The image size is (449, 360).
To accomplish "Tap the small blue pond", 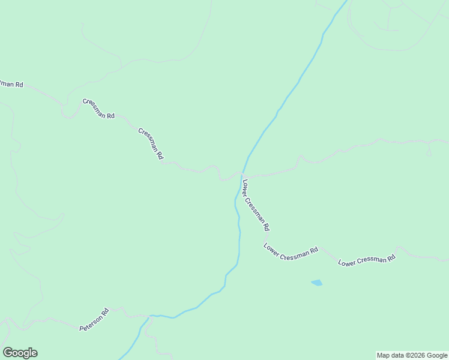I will pyautogui.click(x=316, y=282).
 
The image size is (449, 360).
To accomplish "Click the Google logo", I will pyautogui.click(x=20, y=353).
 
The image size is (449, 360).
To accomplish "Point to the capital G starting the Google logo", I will pyautogui.click(x=7, y=353).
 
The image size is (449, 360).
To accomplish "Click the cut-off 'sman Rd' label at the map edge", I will pyautogui.click(x=11, y=84).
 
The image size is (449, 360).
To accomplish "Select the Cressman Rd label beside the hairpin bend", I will pyautogui.click(x=98, y=108).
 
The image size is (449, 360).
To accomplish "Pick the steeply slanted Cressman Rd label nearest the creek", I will pyautogui.click(x=151, y=143).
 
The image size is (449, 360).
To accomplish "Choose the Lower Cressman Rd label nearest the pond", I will pyautogui.click(x=291, y=252).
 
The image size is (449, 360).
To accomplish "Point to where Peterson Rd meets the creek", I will pyautogui.click(x=150, y=316).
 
